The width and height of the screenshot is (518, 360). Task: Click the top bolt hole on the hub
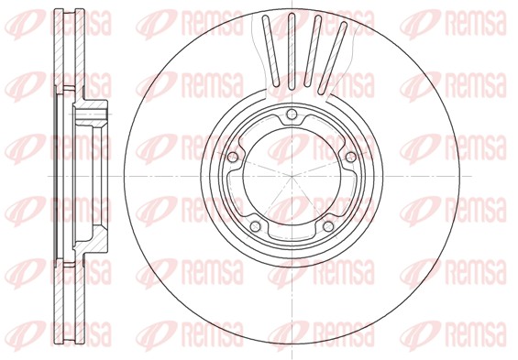292,115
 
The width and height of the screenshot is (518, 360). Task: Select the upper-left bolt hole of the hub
233,157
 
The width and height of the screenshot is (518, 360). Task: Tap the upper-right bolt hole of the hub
350,157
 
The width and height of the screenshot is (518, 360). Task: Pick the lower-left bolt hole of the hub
256,226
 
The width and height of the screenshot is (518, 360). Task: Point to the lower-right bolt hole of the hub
328,226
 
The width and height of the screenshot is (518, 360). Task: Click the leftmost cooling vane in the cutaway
270,50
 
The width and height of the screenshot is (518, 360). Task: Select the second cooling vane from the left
291,51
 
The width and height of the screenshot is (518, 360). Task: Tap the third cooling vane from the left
313,50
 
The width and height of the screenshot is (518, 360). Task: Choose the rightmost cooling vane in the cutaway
332,58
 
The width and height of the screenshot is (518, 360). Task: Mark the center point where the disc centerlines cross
292,176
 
